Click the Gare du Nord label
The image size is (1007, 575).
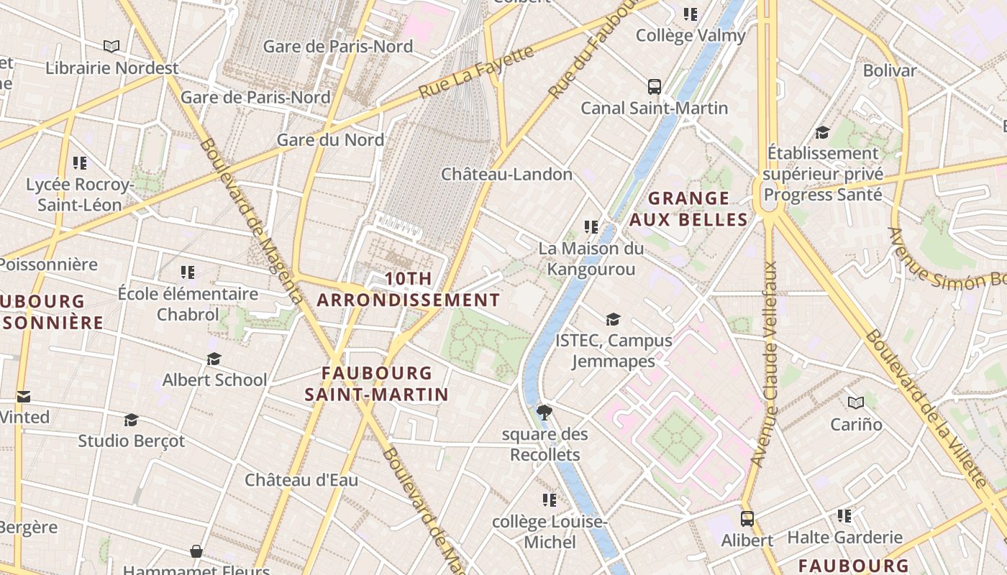[330, 139]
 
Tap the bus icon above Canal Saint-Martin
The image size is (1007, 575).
[655, 87]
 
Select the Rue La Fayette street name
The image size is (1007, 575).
[477, 72]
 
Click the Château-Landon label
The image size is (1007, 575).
[506, 174]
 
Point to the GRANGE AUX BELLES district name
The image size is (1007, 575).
[689, 208]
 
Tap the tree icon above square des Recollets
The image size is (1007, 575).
[544, 412]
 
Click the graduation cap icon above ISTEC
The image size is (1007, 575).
[613, 319]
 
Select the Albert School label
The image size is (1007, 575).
[214, 379]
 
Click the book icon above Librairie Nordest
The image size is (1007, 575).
[111, 47]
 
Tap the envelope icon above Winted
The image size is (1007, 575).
[24, 396]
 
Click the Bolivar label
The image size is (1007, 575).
[890, 70]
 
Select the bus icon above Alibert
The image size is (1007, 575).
[747, 518]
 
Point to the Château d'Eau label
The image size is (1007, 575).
[301, 480]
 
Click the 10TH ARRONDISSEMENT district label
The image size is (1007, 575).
[409, 289]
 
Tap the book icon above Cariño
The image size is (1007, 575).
[856, 402]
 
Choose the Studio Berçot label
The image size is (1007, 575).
[131, 441]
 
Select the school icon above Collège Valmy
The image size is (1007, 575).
[691, 14]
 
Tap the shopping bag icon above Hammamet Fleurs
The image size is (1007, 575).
[196, 551]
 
